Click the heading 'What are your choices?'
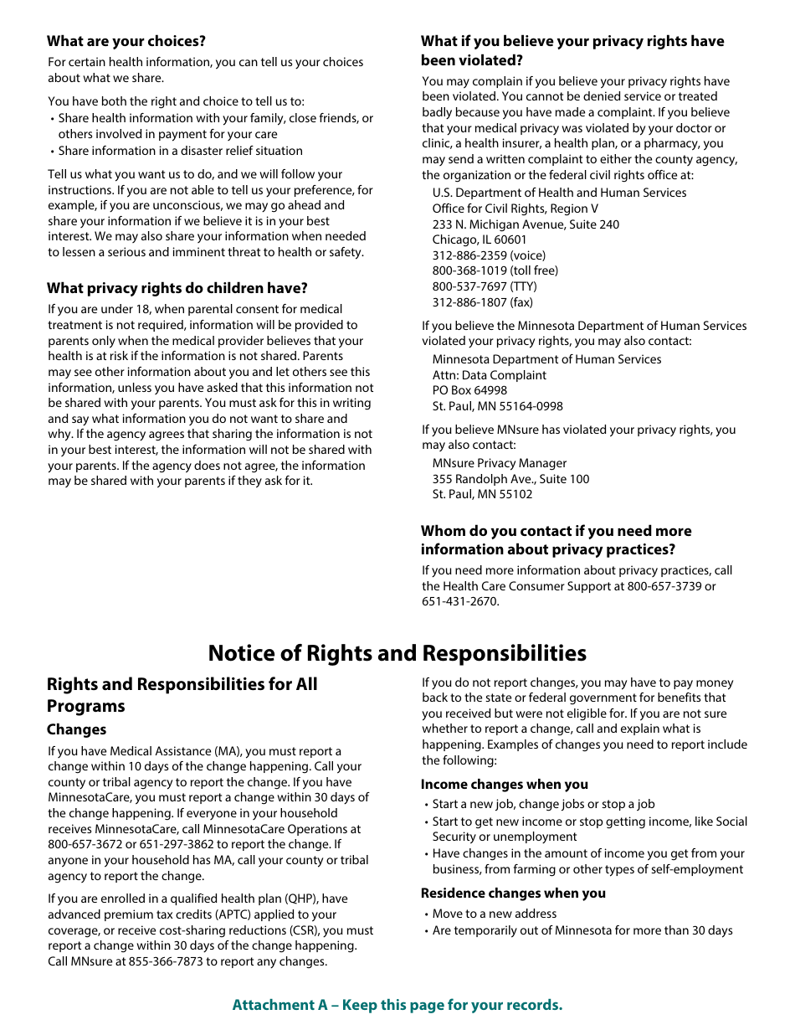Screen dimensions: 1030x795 coord(126,41)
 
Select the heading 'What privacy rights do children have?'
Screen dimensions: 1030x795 coord(177,288)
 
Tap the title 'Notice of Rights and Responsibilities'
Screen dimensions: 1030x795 coord(397,653)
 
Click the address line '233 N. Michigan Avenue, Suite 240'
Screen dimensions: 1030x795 coord(526,224)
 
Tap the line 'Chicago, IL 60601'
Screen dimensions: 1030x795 coord(480,239)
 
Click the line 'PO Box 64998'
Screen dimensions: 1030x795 coord(469,390)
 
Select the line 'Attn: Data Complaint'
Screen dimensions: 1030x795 coord(489,375)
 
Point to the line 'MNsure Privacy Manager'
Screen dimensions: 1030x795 coord(499,463)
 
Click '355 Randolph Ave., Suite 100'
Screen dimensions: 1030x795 coord(510,479)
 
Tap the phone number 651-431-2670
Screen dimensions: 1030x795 coord(459,601)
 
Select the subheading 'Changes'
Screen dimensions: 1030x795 coord(76,729)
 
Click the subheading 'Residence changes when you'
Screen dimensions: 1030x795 coord(513,893)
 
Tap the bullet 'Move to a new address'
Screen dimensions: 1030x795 coord(494,914)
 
